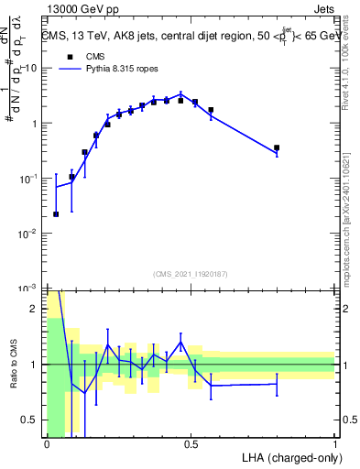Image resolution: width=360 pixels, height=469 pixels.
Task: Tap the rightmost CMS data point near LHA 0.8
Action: click(x=277, y=147)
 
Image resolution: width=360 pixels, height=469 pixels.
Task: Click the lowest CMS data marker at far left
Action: click(x=56, y=214)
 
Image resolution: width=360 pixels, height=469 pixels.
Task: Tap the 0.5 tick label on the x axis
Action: click(x=191, y=444)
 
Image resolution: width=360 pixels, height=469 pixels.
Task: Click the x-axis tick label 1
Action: click(x=335, y=444)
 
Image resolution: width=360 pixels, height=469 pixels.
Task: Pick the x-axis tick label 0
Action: click(x=47, y=444)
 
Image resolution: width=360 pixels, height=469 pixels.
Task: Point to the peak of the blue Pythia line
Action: click(x=181, y=93)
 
